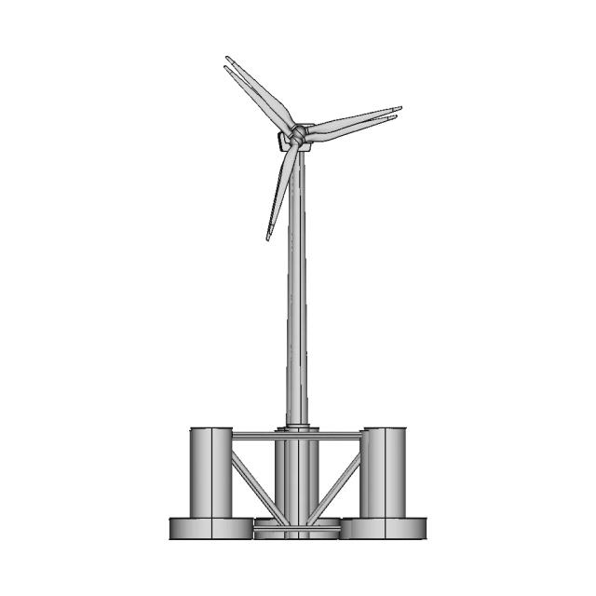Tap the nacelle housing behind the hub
click(x=283, y=142)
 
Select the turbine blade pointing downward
click(x=281, y=191)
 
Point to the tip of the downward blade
click(x=268, y=238)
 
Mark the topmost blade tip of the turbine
click(x=227, y=59)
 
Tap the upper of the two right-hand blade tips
click(x=400, y=108)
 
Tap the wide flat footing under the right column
click(x=386, y=528)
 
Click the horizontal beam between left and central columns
click(x=253, y=436)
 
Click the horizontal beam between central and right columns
click(x=339, y=436)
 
